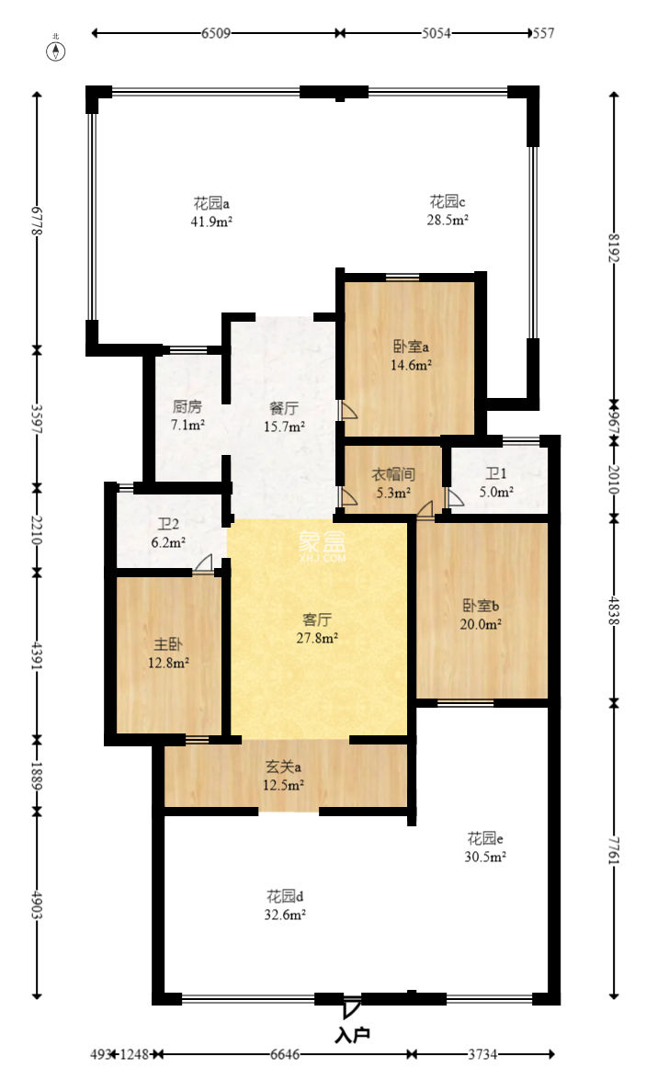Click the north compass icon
click(x=56, y=51)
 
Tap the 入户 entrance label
click(x=353, y=1035)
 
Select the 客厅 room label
click(x=317, y=619)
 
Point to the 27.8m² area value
click(x=317, y=637)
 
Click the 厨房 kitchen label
click(x=187, y=407)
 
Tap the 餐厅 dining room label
click(x=284, y=408)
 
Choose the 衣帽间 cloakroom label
click(x=393, y=474)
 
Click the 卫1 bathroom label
click(x=496, y=474)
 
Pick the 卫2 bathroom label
click(x=167, y=524)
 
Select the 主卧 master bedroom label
click(x=167, y=644)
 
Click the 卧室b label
click(x=481, y=606)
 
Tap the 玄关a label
click(x=283, y=767)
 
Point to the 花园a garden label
click(x=211, y=204)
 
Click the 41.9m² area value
click(x=211, y=222)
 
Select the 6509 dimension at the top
click(x=216, y=33)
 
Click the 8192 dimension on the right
click(x=613, y=247)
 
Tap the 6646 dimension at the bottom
click(x=285, y=1054)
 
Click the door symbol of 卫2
click(x=204, y=563)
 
